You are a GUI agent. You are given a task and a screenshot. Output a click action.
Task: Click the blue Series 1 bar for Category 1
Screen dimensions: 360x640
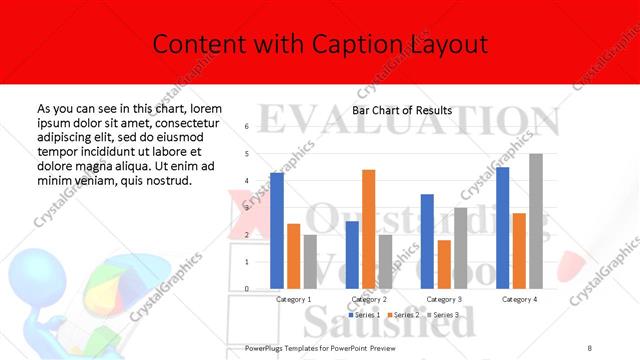[277, 231]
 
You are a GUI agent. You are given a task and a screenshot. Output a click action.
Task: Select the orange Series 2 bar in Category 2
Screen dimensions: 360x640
[368, 229]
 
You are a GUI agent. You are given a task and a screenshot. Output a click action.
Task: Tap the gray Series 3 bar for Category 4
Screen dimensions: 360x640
[536, 221]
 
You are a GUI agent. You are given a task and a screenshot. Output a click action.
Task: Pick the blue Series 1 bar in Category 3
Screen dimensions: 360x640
[427, 241]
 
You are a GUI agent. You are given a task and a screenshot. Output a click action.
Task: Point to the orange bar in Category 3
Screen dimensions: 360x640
[444, 264]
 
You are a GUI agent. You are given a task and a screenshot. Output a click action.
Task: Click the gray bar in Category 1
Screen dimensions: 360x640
[310, 262]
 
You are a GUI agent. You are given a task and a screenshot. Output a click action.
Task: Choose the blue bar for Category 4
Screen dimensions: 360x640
[502, 228]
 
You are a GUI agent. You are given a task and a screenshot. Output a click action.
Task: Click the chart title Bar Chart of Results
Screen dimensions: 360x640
[402, 110]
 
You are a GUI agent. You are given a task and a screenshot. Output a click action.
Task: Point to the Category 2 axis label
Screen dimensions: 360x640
[369, 299]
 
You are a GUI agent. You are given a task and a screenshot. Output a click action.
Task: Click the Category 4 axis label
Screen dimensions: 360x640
[519, 299]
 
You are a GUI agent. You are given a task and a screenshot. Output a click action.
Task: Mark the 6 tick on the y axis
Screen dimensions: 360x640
[246, 127]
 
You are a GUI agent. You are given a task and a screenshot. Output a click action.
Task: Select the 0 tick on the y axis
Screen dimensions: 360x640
[246, 289]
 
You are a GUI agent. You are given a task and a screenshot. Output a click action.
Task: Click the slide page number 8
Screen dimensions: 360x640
[590, 346]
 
